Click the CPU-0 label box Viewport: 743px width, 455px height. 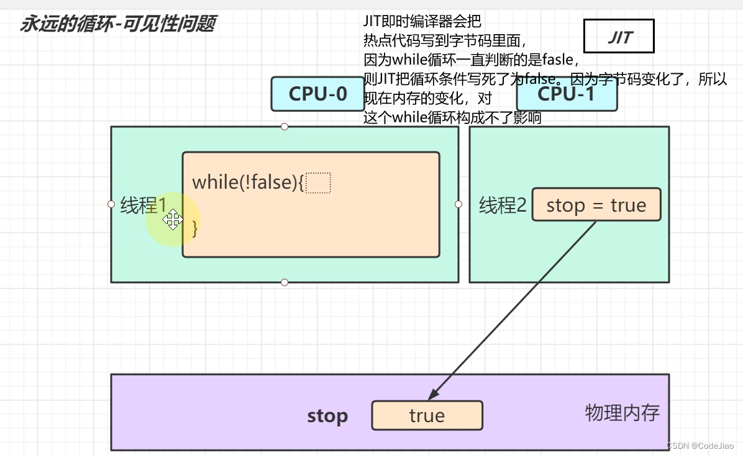pyautogui.click(x=317, y=94)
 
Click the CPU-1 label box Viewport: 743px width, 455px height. pyautogui.click(x=567, y=95)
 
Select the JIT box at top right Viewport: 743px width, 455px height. pyautogui.click(x=619, y=37)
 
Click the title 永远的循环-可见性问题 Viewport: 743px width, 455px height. pyautogui.click(x=117, y=24)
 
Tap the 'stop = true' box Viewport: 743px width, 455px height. pyautogui.click(x=596, y=205)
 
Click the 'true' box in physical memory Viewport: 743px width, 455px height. pyautogui.click(x=427, y=415)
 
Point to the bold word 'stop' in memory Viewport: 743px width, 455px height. pyautogui.click(x=327, y=416)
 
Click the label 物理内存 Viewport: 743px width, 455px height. pyautogui.click(x=622, y=412)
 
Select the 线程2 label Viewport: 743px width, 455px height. pyautogui.click(x=503, y=205)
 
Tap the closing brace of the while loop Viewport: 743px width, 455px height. pyautogui.click(x=195, y=228)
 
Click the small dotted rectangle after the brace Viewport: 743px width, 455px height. pyautogui.click(x=318, y=183)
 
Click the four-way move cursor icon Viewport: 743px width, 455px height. pyautogui.click(x=172, y=219)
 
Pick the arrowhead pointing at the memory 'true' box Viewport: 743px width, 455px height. pyautogui.click(x=434, y=395)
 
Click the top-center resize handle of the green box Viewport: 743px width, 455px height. pyautogui.click(x=285, y=127)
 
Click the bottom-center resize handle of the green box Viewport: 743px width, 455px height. pyautogui.click(x=285, y=282)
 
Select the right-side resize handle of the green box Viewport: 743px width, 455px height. pyautogui.click(x=458, y=204)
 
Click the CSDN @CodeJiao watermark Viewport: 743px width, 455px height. pyautogui.click(x=700, y=446)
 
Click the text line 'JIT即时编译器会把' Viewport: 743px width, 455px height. pyautogui.click(x=422, y=21)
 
